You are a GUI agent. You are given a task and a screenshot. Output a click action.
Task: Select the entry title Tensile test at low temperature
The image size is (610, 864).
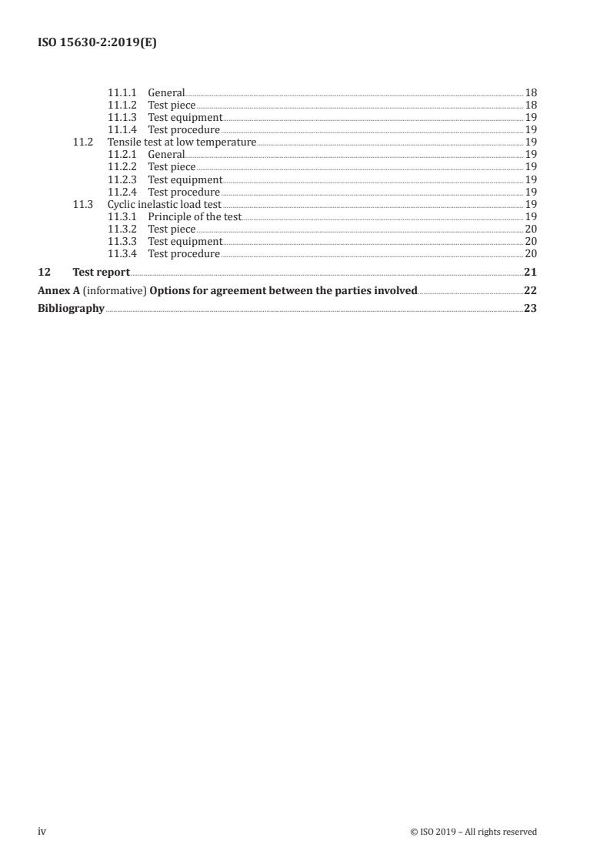tap(182, 142)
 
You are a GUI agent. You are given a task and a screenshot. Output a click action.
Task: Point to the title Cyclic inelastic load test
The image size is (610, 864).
tap(165, 205)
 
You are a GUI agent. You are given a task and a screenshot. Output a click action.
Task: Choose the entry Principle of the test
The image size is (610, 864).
tap(195, 217)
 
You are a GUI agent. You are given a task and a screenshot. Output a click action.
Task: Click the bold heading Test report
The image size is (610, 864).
tap(101, 272)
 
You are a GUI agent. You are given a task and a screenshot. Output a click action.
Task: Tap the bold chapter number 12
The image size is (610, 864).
tap(44, 272)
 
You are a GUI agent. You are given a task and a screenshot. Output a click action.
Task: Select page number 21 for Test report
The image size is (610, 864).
tap(530, 272)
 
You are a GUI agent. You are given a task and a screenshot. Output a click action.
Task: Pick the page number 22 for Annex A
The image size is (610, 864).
tap(530, 290)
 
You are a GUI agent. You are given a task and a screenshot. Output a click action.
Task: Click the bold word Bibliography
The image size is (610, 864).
tap(71, 309)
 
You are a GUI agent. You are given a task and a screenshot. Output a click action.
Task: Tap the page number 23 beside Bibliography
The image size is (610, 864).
tap(530, 309)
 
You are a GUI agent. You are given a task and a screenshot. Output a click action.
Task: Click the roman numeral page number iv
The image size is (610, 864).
tap(42, 832)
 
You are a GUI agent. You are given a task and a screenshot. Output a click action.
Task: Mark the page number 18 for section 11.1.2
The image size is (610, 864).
tap(531, 105)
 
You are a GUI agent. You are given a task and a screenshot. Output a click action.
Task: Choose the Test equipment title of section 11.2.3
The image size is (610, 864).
tap(185, 179)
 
